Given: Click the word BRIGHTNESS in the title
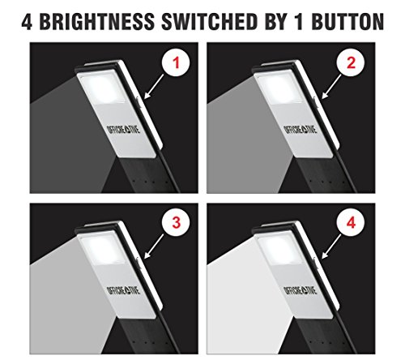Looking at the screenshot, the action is click(x=97, y=22).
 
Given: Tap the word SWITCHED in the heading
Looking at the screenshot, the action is click(x=210, y=22).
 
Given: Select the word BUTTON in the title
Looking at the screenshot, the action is click(x=347, y=22).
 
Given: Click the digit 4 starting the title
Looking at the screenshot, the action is click(x=27, y=22).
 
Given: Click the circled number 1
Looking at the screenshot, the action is click(x=176, y=63).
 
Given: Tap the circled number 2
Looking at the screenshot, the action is click(x=351, y=63).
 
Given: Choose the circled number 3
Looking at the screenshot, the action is click(x=176, y=223).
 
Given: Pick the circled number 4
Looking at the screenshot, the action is click(x=351, y=223).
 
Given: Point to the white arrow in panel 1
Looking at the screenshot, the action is click(x=154, y=87).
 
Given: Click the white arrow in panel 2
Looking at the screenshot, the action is click(x=331, y=87).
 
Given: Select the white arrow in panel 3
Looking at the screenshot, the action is click(x=154, y=246).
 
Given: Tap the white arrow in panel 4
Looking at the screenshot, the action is click(x=331, y=246).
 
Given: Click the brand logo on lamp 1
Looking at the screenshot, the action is click(x=123, y=130).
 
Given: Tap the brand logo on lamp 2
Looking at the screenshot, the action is click(x=301, y=130).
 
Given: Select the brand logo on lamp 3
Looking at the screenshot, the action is click(x=123, y=290).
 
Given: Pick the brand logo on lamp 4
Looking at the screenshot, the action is click(x=301, y=290).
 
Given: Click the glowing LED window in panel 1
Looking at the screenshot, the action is click(x=103, y=88).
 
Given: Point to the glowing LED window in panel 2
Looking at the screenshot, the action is click(x=279, y=88).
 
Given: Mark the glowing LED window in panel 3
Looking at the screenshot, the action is click(x=103, y=248).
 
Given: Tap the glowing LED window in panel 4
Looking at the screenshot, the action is click(x=279, y=248).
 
